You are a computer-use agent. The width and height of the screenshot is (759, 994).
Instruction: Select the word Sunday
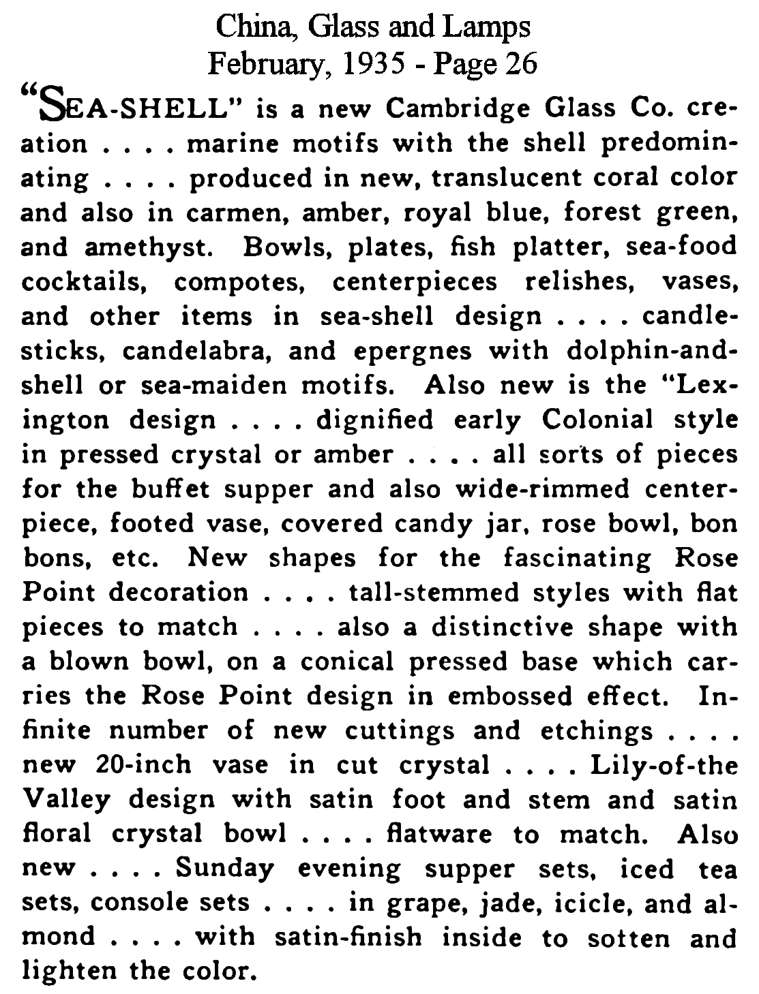[225, 869]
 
